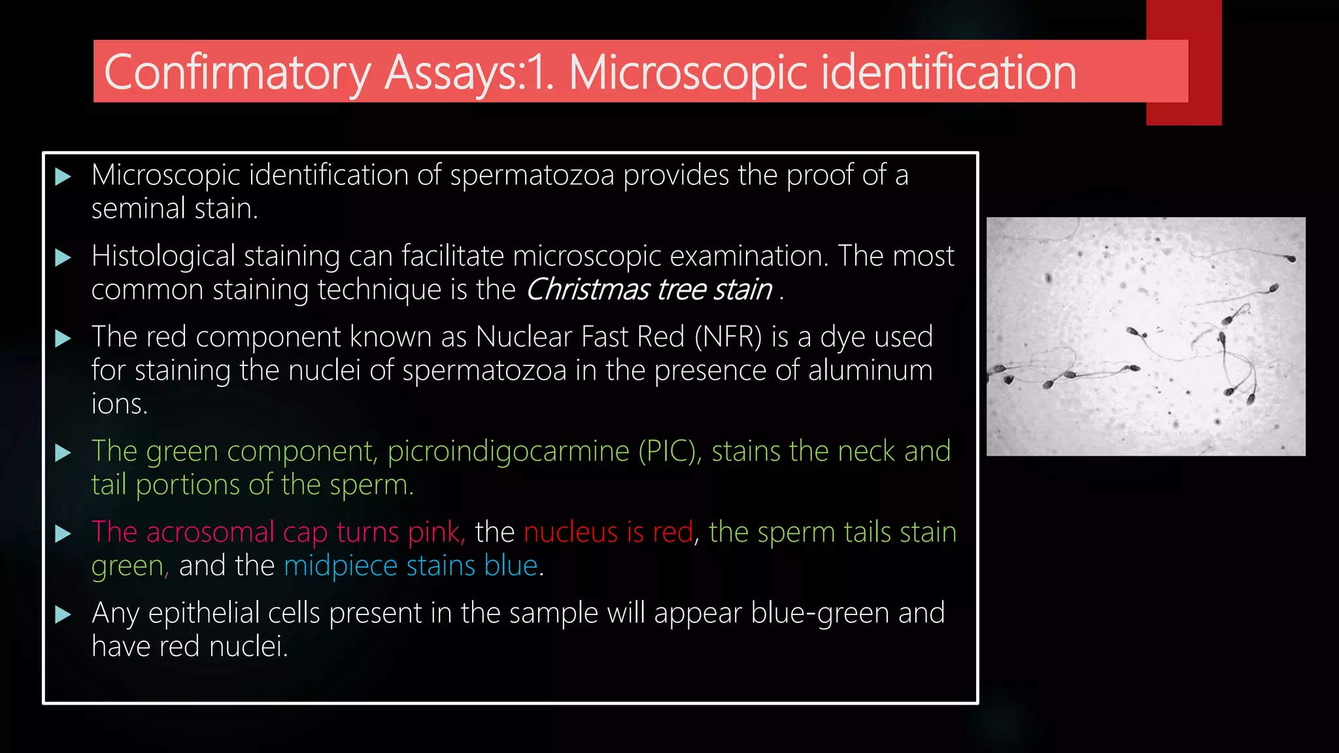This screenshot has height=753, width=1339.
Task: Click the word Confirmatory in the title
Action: (237, 73)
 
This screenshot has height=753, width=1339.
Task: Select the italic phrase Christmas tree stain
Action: (649, 290)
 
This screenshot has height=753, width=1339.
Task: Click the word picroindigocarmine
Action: (508, 452)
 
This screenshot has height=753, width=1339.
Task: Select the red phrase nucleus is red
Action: (608, 532)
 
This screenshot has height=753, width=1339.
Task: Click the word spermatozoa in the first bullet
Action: (532, 175)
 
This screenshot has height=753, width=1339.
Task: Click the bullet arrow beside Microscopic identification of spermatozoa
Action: (63, 176)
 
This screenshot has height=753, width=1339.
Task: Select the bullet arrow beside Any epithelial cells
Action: (63, 614)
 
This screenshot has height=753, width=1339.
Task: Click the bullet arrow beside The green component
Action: (63, 452)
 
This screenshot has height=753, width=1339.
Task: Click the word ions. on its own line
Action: (120, 404)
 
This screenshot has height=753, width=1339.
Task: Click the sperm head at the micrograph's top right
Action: (1291, 259)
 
